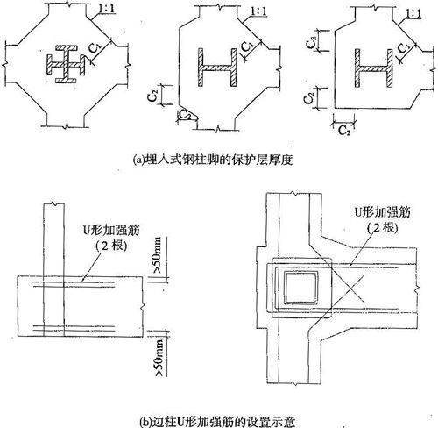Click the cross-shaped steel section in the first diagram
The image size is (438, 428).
tap(66, 64)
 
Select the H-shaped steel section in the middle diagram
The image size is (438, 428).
tap(217, 68)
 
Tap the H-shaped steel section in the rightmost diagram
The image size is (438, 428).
tap(374, 68)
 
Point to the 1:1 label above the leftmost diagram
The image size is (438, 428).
tap(106, 9)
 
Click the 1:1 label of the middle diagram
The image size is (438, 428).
tap(258, 11)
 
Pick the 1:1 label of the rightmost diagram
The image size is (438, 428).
tap(413, 14)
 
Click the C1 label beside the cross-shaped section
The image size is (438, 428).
tap(95, 47)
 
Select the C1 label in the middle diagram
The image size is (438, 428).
tap(247, 46)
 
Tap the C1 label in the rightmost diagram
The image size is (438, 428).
tap(403, 47)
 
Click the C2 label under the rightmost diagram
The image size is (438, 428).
tap(344, 131)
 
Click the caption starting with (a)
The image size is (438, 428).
tap(213, 160)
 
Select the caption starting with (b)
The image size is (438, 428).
tap(217, 422)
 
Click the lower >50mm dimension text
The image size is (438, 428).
tap(159, 358)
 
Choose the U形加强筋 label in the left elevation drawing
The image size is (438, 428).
tap(111, 230)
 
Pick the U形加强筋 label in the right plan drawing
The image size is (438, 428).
tap(382, 211)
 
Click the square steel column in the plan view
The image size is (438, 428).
tap(301, 288)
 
